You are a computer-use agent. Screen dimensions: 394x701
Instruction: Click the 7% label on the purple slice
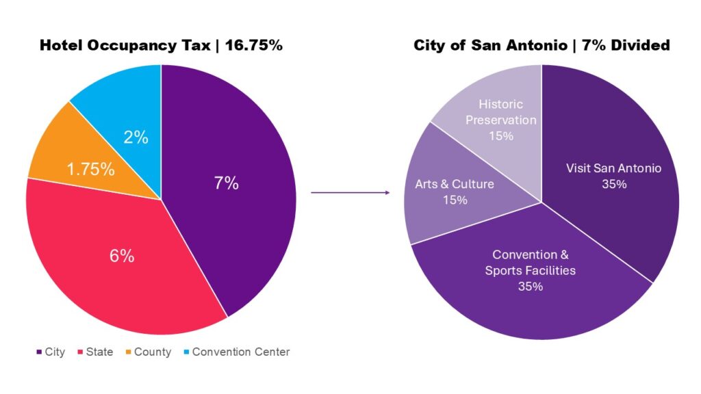pyautogui.click(x=226, y=183)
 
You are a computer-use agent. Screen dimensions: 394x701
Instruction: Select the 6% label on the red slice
pyautogui.click(x=122, y=256)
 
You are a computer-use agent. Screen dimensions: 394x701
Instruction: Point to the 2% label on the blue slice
pyautogui.click(x=136, y=137)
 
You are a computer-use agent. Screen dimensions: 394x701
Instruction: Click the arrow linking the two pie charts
pyautogui.click(x=350, y=193)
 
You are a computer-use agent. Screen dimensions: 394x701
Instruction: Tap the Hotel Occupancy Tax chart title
pyautogui.click(x=161, y=46)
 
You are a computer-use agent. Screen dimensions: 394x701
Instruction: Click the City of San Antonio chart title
pyautogui.click(x=541, y=46)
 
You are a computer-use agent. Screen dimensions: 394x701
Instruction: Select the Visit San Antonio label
pyautogui.click(x=613, y=168)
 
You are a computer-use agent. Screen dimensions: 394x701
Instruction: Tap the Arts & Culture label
pyautogui.click(x=455, y=184)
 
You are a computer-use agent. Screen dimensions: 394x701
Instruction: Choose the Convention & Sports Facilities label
pyautogui.click(x=530, y=263)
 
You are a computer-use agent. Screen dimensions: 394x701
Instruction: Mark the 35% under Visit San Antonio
pyautogui.click(x=613, y=184)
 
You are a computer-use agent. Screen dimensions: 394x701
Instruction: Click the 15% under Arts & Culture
pyautogui.click(x=455, y=200)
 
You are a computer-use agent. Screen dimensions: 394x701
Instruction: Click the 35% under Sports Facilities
pyautogui.click(x=530, y=286)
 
